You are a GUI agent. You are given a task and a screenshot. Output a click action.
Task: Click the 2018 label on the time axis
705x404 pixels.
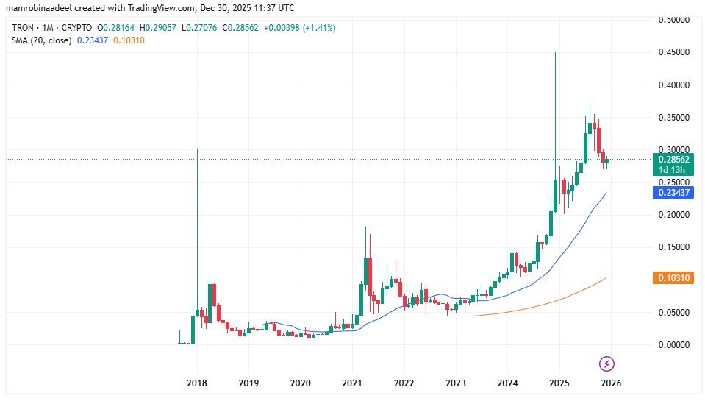pos(197,383)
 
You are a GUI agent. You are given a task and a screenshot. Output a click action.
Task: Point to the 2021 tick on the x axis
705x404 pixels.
pos(352,383)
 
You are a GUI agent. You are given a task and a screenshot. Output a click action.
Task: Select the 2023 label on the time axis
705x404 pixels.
pos(456,383)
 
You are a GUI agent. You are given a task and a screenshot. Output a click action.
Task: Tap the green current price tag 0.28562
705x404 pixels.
pos(673,159)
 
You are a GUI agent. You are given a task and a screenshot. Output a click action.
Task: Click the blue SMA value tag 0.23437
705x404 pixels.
pos(673,192)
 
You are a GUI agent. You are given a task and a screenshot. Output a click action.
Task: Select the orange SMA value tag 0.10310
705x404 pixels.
pos(673,277)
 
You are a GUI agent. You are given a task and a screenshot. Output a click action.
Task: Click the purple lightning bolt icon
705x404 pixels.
pos(607,364)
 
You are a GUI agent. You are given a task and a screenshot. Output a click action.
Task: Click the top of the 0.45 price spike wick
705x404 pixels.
pos(555,53)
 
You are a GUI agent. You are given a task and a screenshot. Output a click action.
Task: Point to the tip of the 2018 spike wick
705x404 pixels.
pos(197,150)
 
